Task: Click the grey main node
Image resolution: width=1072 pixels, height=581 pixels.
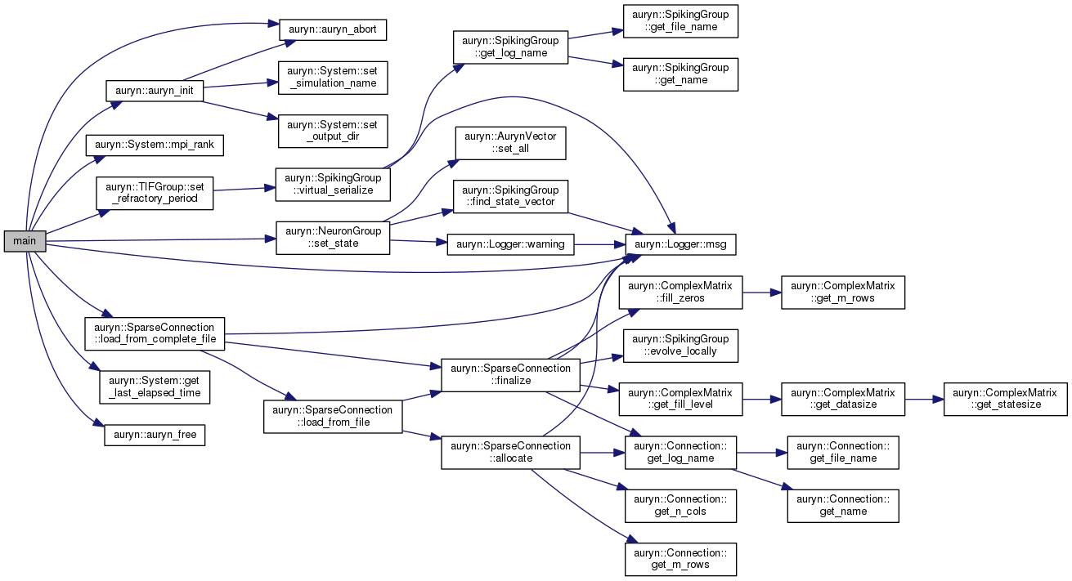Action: coord(25,241)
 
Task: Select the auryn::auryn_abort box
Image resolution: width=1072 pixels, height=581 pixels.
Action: coord(333,29)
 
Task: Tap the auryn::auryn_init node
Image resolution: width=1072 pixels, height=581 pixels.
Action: coord(155,91)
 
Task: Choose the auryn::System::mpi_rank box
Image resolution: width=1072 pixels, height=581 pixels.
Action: coord(155,145)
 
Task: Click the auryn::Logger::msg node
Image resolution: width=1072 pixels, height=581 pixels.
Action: coord(680,244)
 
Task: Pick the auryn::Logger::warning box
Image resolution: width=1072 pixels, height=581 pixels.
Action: coord(510,244)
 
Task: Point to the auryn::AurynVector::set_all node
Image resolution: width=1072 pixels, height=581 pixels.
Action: coord(510,143)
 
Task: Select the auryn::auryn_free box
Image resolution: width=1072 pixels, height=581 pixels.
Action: coord(155,436)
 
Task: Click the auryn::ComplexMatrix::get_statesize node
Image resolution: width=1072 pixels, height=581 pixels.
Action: coord(1006,400)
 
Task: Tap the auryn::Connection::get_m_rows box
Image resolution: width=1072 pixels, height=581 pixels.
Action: coord(680,560)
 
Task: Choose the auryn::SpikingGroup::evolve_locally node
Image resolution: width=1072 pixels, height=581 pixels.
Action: coord(680,346)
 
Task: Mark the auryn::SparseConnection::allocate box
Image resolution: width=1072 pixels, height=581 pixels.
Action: coord(510,453)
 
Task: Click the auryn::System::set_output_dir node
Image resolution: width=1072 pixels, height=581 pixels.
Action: coord(333,131)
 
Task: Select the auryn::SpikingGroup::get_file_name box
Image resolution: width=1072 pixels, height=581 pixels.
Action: coord(680,21)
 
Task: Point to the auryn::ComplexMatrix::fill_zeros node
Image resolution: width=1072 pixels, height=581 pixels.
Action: coord(680,293)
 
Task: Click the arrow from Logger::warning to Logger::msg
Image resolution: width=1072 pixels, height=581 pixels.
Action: coord(600,244)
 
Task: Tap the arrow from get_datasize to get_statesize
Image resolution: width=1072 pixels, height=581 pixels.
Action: coord(924,400)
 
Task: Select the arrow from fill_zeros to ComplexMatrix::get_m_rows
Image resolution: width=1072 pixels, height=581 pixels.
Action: coord(762,293)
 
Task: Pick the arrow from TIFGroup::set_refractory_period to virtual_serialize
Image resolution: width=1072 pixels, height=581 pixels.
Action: coord(244,189)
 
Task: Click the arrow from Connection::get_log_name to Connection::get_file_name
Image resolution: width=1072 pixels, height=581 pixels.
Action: coord(762,453)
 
